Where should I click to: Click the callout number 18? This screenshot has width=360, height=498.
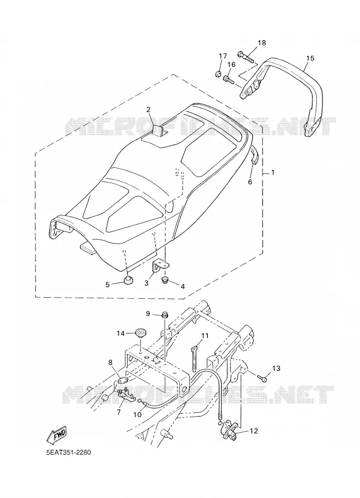[x=262, y=43]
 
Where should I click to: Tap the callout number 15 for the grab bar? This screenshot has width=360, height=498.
[x=310, y=58]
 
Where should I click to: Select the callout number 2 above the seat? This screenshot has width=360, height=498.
[x=148, y=110]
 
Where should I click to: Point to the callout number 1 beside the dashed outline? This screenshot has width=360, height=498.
[x=273, y=173]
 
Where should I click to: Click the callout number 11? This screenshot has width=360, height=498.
[x=205, y=335]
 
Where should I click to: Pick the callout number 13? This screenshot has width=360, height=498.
[x=276, y=368]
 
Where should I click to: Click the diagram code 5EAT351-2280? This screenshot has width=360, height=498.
[x=69, y=452]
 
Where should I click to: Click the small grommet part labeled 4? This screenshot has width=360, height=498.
[x=165, y=280]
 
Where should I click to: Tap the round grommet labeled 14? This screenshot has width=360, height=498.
[x=140, y=334]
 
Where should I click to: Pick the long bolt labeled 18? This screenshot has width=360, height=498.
[x=246, y=56]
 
